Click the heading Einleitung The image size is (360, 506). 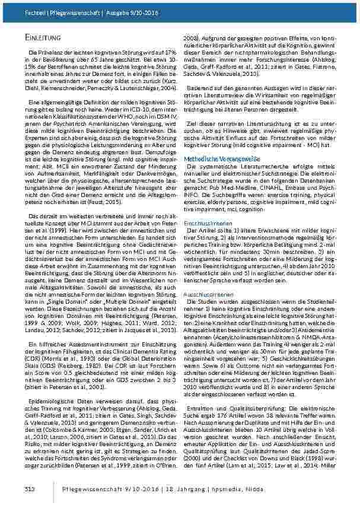click(x=40, y=38)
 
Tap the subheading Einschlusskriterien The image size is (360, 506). click(x=205, y=222)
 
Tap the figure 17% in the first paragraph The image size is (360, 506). click(x=167, y=53)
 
